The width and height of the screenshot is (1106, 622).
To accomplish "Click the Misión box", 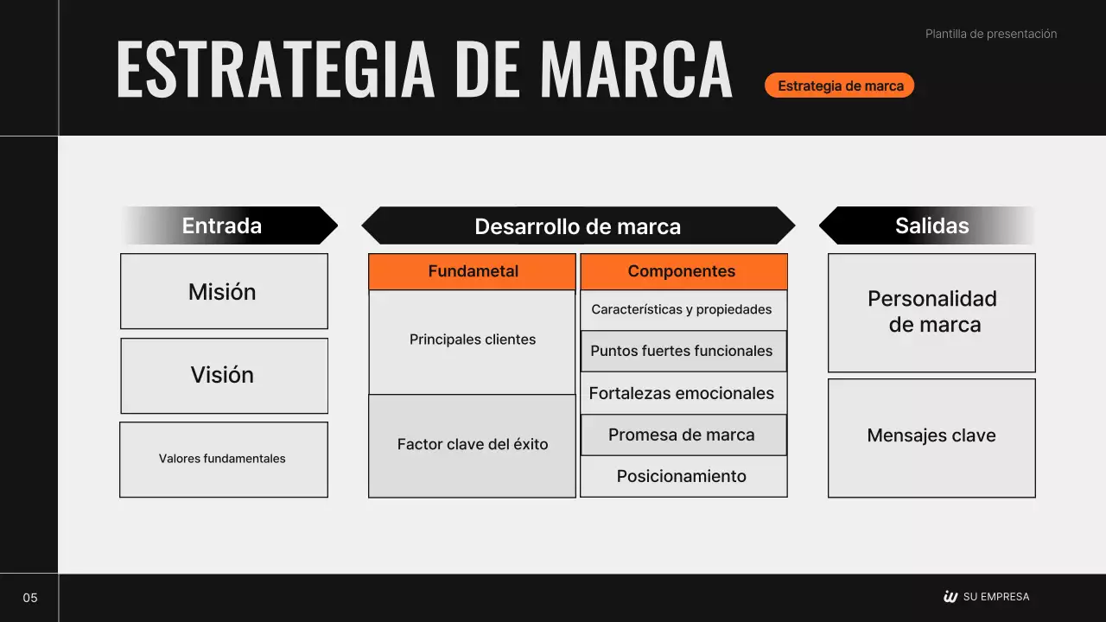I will (x=224, y=291).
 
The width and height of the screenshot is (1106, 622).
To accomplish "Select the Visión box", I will (x=224, y=375).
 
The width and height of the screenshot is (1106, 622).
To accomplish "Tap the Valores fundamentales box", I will (x=224, y=459).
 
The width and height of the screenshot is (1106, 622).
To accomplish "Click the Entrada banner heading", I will (x=222, y=225).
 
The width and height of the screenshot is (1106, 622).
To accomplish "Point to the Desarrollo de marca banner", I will (x=577, y=226).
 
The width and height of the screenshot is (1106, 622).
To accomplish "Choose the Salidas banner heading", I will (x=931, y=225).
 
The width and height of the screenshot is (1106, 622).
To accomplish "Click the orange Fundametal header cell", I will (x=473, y=271).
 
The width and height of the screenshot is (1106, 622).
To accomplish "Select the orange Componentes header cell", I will (x=683, y=271).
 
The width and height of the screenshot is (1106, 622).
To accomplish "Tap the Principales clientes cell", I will (x=473, y=340).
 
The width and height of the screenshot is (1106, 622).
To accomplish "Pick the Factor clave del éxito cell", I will (x=473, y=445).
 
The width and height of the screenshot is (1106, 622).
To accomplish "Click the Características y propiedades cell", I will (x=683, y=309).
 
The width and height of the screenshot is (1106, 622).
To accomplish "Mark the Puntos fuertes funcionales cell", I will (x=683, y=351).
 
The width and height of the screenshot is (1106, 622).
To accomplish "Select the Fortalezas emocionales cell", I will (x=683, y=393).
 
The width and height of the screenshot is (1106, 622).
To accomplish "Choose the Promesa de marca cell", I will (x=683, y=435).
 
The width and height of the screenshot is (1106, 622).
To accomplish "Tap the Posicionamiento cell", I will (x=683, y=476).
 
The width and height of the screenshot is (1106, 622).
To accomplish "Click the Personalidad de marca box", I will (x=931, y=312).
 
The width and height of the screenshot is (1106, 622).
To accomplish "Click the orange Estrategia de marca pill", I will (x=840, y=86).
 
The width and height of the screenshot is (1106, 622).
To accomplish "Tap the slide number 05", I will (x=30, y=598).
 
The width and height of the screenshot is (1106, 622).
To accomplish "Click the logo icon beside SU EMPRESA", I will (x=950, y=596).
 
